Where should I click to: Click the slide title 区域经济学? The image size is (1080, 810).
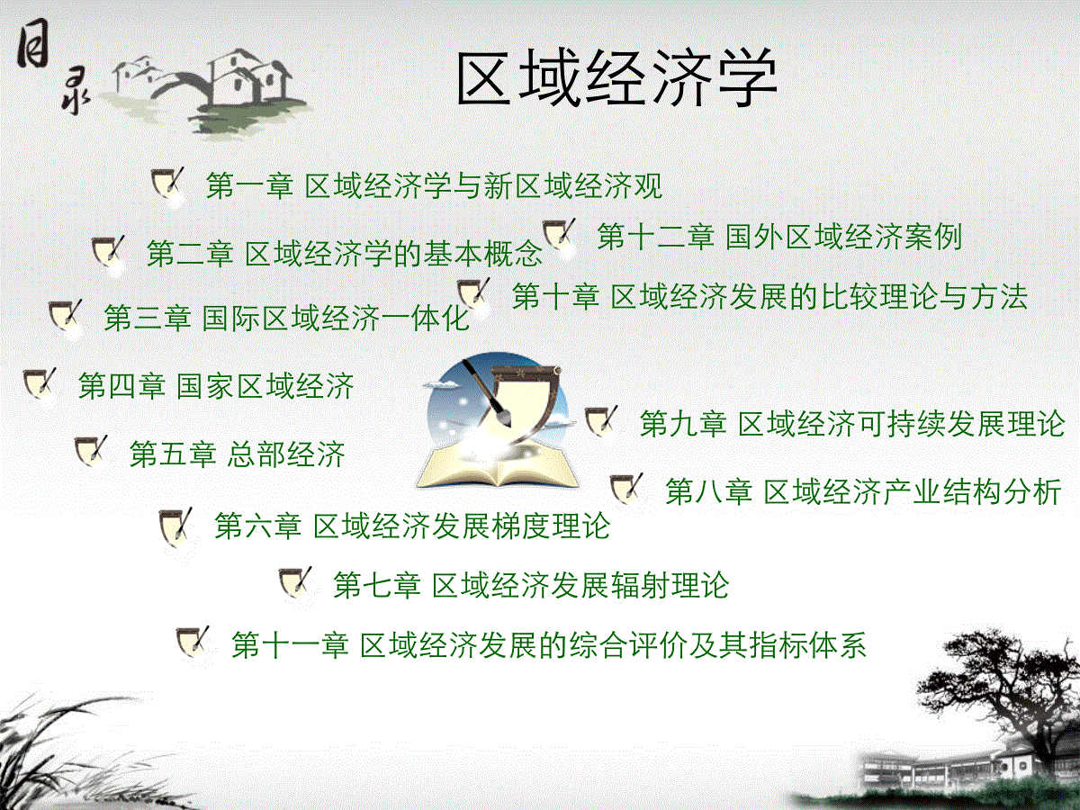(x=617, y=78)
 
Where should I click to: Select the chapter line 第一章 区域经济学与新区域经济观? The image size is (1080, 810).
(x=434, y=186)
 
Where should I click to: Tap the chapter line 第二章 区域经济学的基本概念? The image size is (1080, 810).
(x=345, y=254)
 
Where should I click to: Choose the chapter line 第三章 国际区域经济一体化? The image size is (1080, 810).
(x=287, y=319)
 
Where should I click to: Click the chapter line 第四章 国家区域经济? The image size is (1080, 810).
(x=216, y=386)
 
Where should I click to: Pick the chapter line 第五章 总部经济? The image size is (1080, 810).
(x=238, y=454)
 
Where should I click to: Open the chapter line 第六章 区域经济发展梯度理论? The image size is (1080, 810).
(x=412, y=526)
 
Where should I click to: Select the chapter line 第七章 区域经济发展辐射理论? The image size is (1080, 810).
(x=531, y=585)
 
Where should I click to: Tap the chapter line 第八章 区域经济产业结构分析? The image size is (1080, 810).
(x=863, y=491)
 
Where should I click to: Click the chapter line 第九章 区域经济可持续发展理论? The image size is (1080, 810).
(x=852, y=423)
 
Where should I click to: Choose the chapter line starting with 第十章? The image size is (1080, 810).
(x=770, y=297)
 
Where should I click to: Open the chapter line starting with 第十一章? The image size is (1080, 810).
(x=549, y=644)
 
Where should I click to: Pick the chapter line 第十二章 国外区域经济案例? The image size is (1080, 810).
(x=779, y=237)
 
